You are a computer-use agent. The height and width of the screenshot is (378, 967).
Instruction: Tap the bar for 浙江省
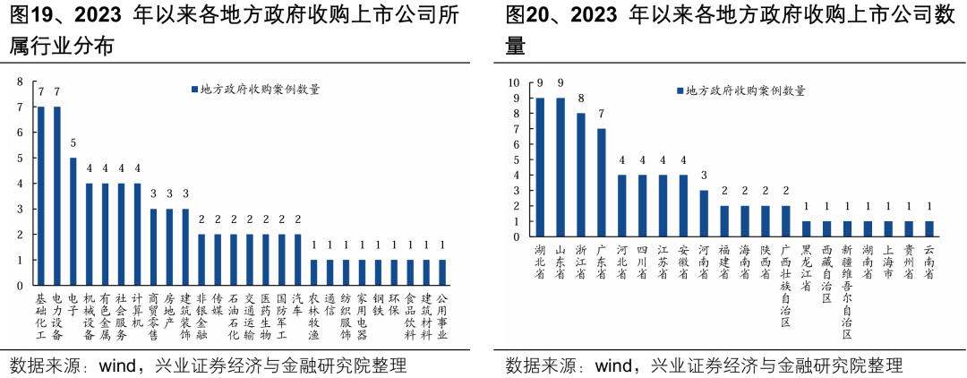tap(581, 175)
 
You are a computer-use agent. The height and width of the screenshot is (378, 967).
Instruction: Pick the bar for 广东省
tap(602, 183)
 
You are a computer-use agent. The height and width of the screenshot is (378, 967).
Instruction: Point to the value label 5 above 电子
tap(73, 143)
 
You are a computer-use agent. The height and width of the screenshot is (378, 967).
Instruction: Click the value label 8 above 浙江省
tap(581, 99)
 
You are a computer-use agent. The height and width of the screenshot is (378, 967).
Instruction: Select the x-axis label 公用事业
tap(441, 316)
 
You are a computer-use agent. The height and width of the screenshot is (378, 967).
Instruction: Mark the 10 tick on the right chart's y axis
tap(514, 82)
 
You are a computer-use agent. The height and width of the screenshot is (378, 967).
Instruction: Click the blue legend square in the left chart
tap(193, 90)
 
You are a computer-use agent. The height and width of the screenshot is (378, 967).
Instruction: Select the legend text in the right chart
tap(744, 90)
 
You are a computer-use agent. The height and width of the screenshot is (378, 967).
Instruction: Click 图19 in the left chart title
tap(31, 15)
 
